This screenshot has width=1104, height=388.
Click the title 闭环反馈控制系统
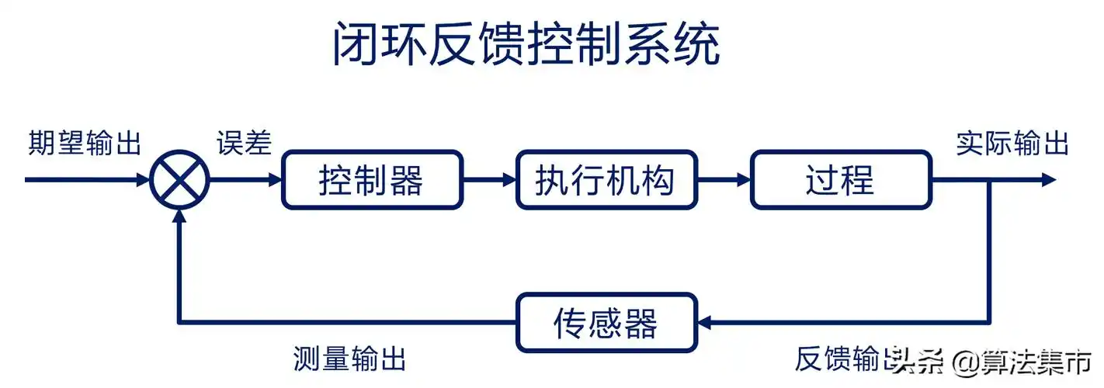tap(526, 45)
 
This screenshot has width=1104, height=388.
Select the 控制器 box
tap(372, 180)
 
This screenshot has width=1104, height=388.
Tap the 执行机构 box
tap(606, 180)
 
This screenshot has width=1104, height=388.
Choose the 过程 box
tap(840, 180)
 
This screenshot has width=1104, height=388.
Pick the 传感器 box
tap(606, 321)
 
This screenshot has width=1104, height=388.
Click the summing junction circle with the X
tap(180, 180)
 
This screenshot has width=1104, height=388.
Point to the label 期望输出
tap(85, 144)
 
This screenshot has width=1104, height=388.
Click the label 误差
tap(244, 144)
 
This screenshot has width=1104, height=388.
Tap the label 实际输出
tap(1012, 144)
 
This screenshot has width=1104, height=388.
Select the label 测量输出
tap(350, 359)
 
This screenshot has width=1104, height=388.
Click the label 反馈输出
tap(846, 359)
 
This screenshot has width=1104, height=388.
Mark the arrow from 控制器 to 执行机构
tap(490, 180)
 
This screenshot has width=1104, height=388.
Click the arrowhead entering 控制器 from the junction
tap(274, 180)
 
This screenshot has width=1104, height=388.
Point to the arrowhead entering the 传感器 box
tap(705, 321)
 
